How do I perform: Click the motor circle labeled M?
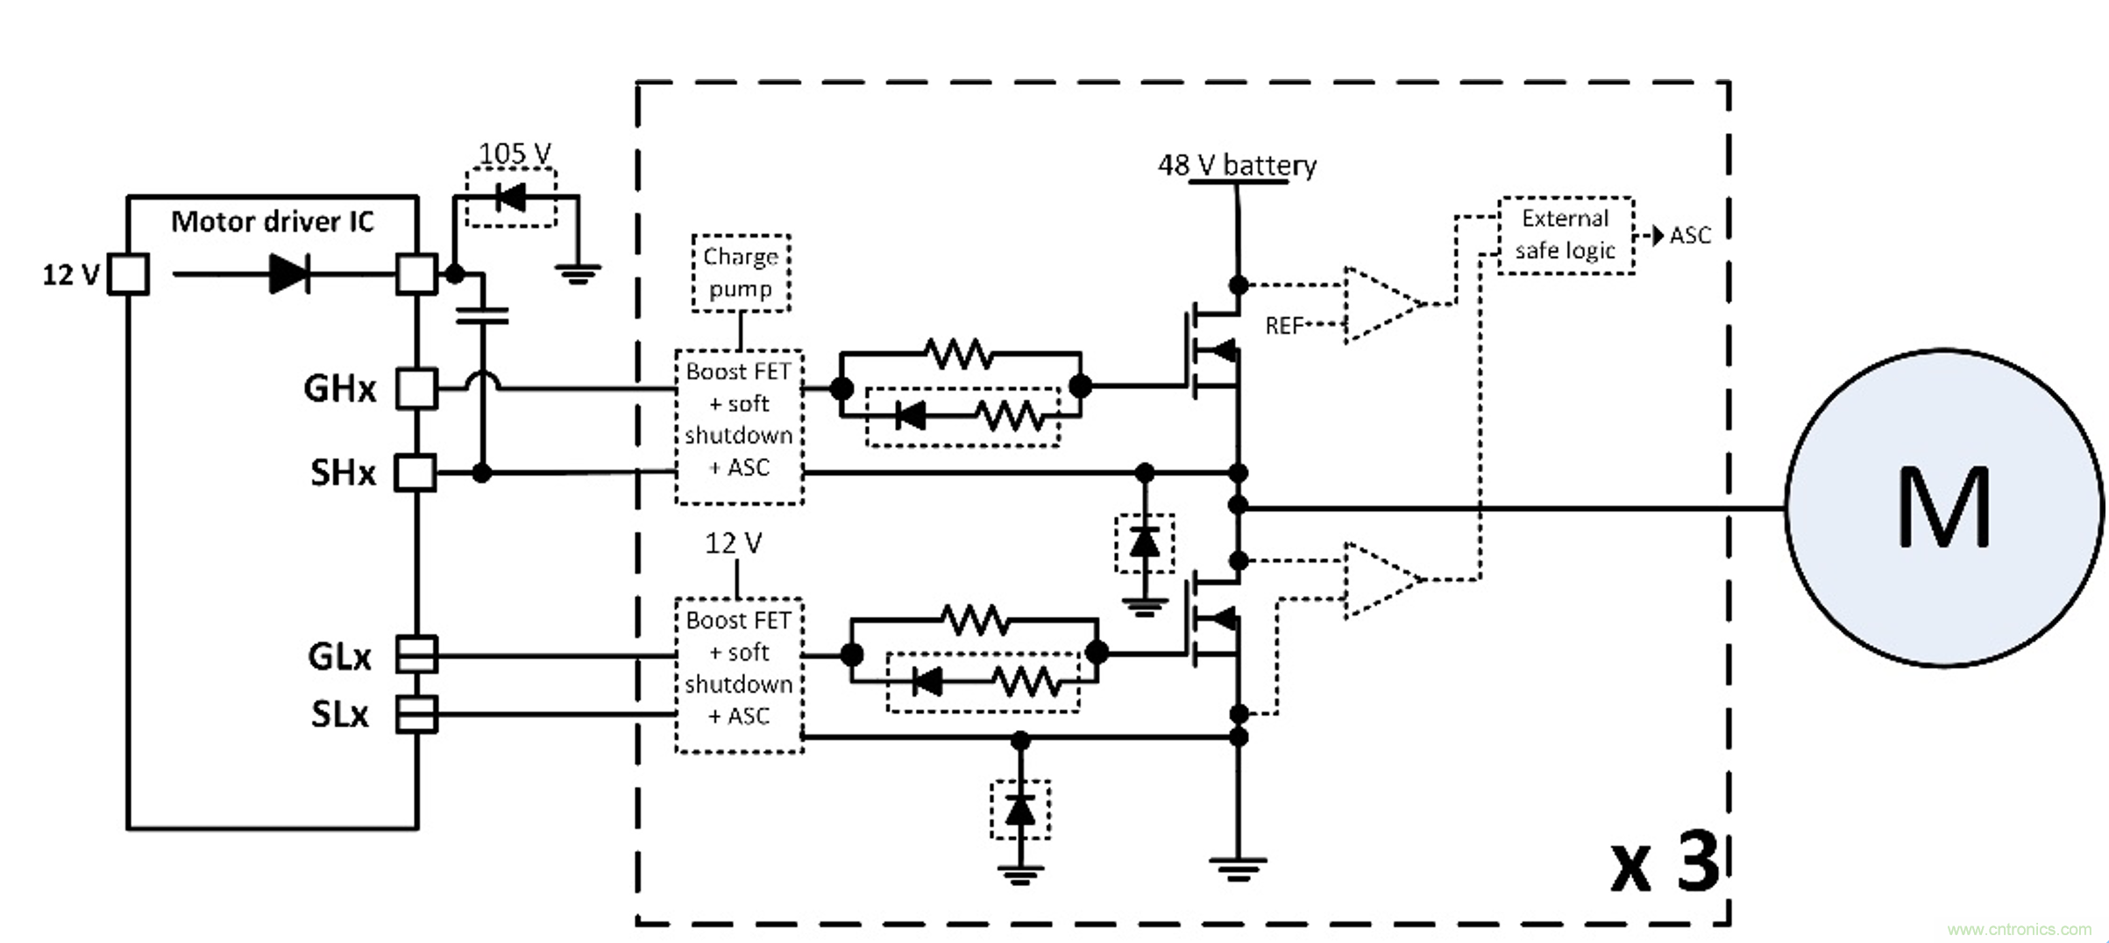point(1944,508)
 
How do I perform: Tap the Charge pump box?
point(741,273)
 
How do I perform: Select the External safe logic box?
point(1566,235)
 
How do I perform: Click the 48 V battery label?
point(1237,165)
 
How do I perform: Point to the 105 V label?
point(515,153)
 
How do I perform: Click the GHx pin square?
point(416,388)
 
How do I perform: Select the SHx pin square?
point(415,473)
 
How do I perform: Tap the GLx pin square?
point(416,655)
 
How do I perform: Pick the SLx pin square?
point(416,714)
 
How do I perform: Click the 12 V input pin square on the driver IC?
point(128,274)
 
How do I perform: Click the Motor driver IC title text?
point(272,222)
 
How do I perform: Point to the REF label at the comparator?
point(1284,326)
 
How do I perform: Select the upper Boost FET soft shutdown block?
point(739,427)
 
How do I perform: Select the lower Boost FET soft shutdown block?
point(739,675)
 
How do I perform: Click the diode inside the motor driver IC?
point(288,274)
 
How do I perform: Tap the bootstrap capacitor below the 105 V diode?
point(482,316)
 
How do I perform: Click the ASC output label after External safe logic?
point(1690,236)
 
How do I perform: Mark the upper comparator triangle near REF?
point(1381,304)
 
